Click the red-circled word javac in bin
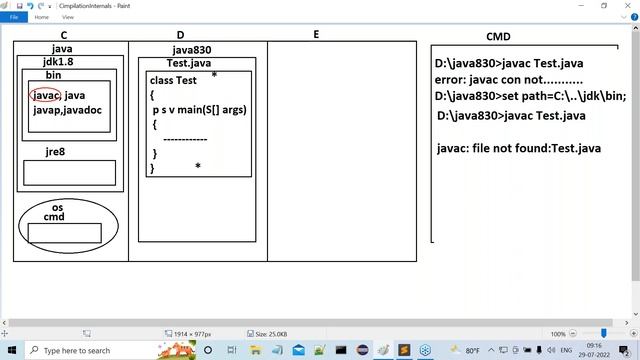pyautogui.click(x=46, y=95)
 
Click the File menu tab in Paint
pyautogui.click(x=14, y=17)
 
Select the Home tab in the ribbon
pyautogui.click(x=41, y=17)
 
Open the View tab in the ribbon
pyautogui.click(x=68, y=17)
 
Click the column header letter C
pyautogui.click(x=64, y=35)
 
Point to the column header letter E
pyautogui.click(x=316, y=35)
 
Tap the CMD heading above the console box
pyautogui.click(x=498, y=37)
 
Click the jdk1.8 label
pyautogui.click(x=61, y=61)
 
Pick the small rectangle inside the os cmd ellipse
pyautogui.click(x=64, y=233)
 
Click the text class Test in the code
pyautogui.click(x=173, y=80)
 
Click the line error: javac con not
pyautogui.click(x=509, y=80)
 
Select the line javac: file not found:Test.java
pyautogui.click(x=519, y=148)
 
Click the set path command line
pyautogui.click(x=530, y=96)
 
